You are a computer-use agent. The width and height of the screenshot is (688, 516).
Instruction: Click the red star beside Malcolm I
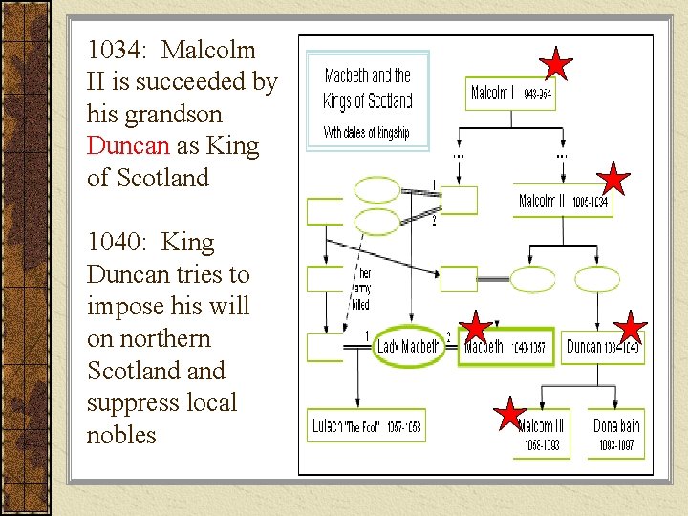coord(555,64)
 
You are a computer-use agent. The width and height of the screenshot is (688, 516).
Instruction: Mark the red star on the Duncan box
coord(630,328)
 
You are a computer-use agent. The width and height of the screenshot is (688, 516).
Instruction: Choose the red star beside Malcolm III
coord(509,414)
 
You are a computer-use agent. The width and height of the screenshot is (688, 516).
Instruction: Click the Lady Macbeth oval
coord(408,347)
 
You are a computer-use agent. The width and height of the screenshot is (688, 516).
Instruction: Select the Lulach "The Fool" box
coord(367,426)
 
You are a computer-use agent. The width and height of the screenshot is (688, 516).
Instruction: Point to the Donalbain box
coord(616,433)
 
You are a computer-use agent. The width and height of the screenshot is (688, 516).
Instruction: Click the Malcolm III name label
coord(541,426)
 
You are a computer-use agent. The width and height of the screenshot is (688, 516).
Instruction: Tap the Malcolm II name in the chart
coord(543,202)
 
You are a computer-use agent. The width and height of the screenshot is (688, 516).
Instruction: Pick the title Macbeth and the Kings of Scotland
coord(368,88)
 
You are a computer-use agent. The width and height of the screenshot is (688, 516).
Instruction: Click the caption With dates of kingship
coord(366,132)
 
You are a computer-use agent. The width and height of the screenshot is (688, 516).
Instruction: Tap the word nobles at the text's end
coord(121,435)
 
